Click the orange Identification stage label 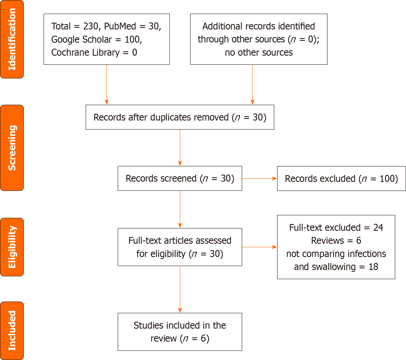pyautogui.click(x=12, y=39)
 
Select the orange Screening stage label pyautogui.click(x=12, y=148)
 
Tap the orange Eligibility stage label pyautogui.click(x=12, y=247)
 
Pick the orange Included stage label pyautogui.click(x=12, y=331)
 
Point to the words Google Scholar pyautogui.click(x=81, y=39)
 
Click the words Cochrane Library pyautogui.click(x=85, y=52)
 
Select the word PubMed pyautogui.click(x=120, y=26)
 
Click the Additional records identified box pyautogui.click(x=259, y=39)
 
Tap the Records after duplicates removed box pyautogui.click(x=180, y=117)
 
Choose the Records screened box pyautogui.click(x=180, y=178)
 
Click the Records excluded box pyautogui.click(x=341, y=179)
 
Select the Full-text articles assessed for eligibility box pyautogui.click(x=180, y=247)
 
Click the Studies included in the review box pyautogui.click(x=180, y=332)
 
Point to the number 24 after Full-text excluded pyautogui.click(x=378, y=228)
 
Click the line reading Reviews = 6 pyautogui.click(x=336, y=241)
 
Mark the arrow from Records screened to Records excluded pyautogui.click(x=259, y=178)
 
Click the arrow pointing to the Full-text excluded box pyautogui.click(x=259, y=247)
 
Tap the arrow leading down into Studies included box pyautogui.click(x=180, y=289)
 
